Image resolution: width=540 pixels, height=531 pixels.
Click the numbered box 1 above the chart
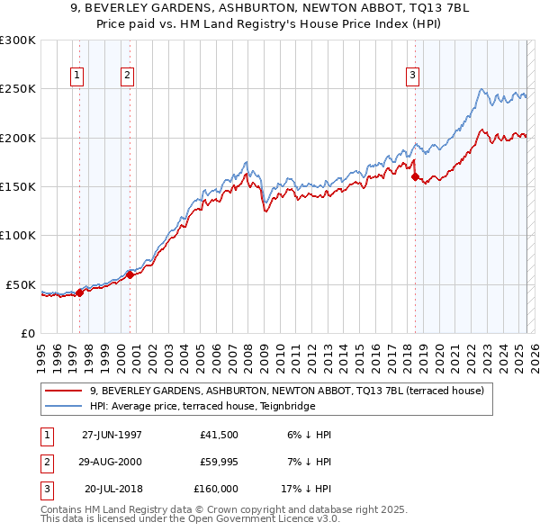77,76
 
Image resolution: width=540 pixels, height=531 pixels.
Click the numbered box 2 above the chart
128,76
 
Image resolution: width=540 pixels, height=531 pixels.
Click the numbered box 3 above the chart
413,76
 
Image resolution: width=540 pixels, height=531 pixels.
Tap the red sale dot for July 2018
415,177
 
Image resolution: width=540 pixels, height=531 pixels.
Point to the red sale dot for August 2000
130,275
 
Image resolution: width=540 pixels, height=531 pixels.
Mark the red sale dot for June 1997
79,292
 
